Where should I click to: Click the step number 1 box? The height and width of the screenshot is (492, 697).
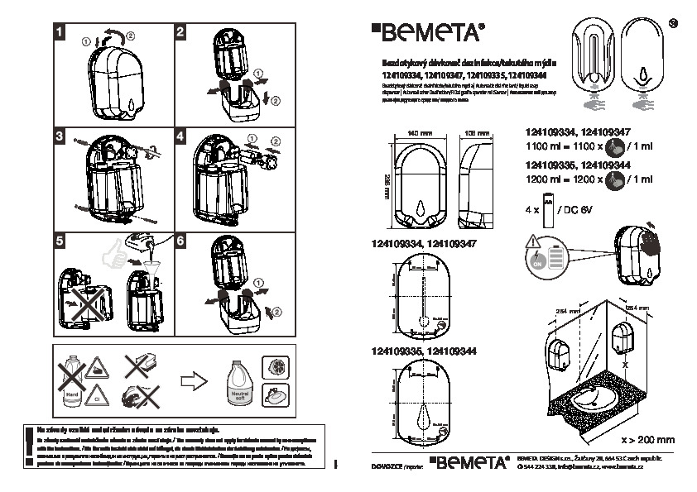coord(60,32)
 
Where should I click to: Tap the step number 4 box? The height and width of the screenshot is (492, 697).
coord(182,136)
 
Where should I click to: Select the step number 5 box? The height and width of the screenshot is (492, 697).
coord(60,241)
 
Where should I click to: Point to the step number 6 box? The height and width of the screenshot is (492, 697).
coord(182,241)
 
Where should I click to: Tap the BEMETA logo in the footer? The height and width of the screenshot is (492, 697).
coord(470,463)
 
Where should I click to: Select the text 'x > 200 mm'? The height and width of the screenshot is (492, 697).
coord(647,440)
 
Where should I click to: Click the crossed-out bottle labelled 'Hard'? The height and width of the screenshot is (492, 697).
coord(73,381)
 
